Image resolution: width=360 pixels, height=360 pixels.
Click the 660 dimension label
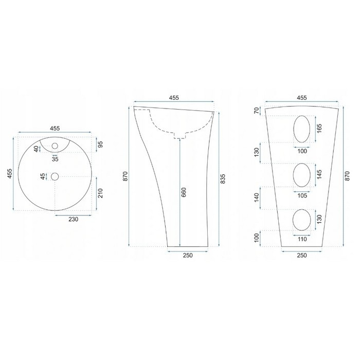(184, 192)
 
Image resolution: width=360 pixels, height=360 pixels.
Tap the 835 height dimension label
(223, 179)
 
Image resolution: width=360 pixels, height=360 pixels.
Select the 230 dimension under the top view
(73, 219)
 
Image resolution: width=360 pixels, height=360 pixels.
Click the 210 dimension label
(100, 193)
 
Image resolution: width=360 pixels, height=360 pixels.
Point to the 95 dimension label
(100, 145)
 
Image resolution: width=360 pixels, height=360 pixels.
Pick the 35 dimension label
(55, 159)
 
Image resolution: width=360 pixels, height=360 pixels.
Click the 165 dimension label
(319, 129)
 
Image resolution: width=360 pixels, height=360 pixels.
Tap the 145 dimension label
(319, 174)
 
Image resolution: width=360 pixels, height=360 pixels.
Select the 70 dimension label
(257, 111)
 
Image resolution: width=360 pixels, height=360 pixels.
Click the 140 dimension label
(257, 197)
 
